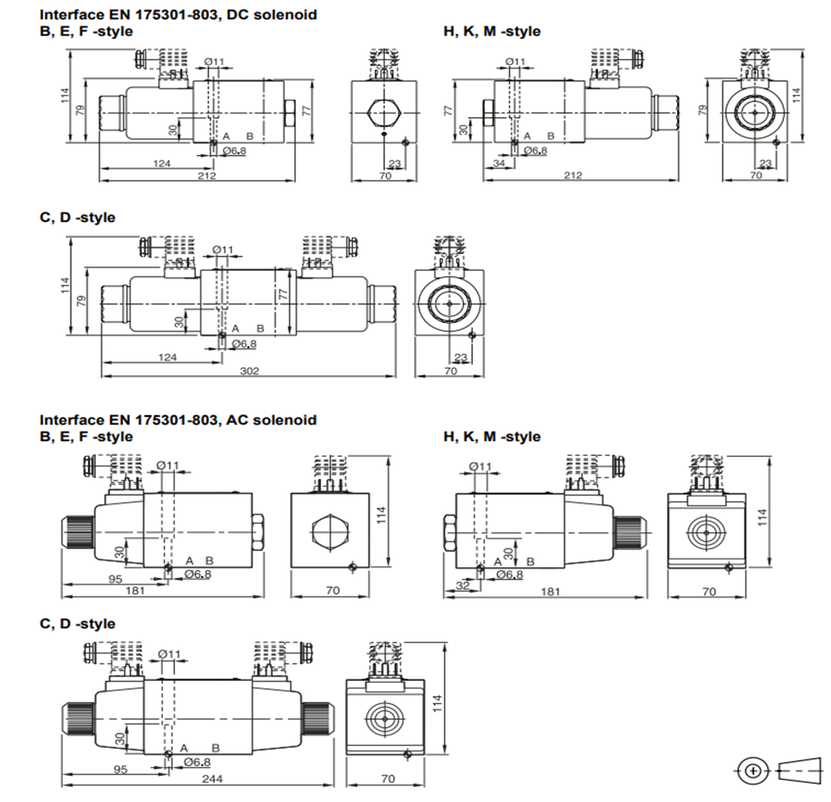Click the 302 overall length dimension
tap(249, 371)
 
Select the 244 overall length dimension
tap(212, 778)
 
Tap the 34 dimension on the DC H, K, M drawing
tap(499, 163)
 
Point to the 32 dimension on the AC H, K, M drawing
tap(463, 585)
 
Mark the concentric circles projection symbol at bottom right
tap(753, 771)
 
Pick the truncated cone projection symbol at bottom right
tap(799, 771)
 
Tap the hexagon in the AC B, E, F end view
tap(330, 532)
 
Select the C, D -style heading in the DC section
tap(77, 217)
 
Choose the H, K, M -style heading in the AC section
tap(492, 437)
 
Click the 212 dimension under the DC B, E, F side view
tap(206, 175)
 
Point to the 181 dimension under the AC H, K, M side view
tap(550, 592)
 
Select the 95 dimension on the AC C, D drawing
tap(120, 769)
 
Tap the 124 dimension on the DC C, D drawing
tap(167, 357)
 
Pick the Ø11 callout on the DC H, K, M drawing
tap(515, 62)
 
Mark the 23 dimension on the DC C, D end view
tap(461, 357)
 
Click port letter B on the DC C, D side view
tap(260, 328)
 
